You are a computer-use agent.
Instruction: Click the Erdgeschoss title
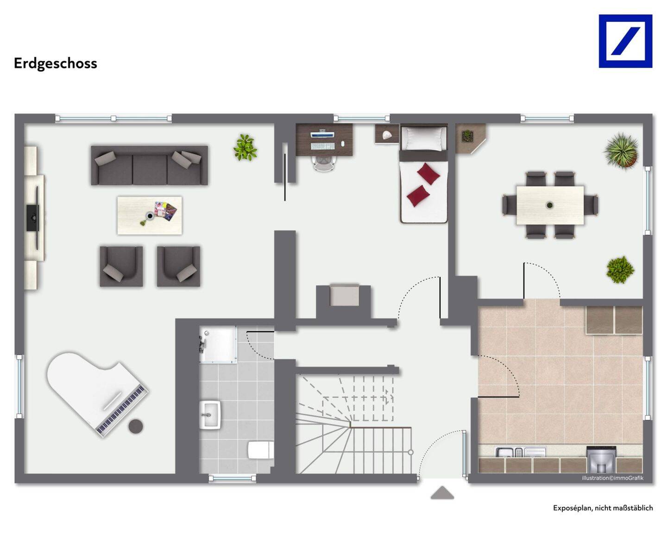pos(56,63)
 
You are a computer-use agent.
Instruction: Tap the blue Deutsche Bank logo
pos(625,41)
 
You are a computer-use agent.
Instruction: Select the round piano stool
pos(136,426)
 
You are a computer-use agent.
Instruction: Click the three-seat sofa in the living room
pos(150,165)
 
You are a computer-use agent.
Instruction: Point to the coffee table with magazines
pos(150,215)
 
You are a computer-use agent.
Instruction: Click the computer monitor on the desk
pos(322,134)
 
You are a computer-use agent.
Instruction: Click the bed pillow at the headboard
pos(424,139)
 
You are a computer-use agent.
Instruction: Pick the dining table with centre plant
pos(550,205)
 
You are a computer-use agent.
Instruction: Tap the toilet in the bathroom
pos(261,450)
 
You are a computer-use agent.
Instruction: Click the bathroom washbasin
pos(210,415)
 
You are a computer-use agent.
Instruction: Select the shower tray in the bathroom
pos(218,344)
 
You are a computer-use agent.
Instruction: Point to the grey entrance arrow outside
pos(442,493)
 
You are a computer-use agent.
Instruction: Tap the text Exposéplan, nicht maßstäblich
pos(603,508)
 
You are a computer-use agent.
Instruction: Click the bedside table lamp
pos(386,135)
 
